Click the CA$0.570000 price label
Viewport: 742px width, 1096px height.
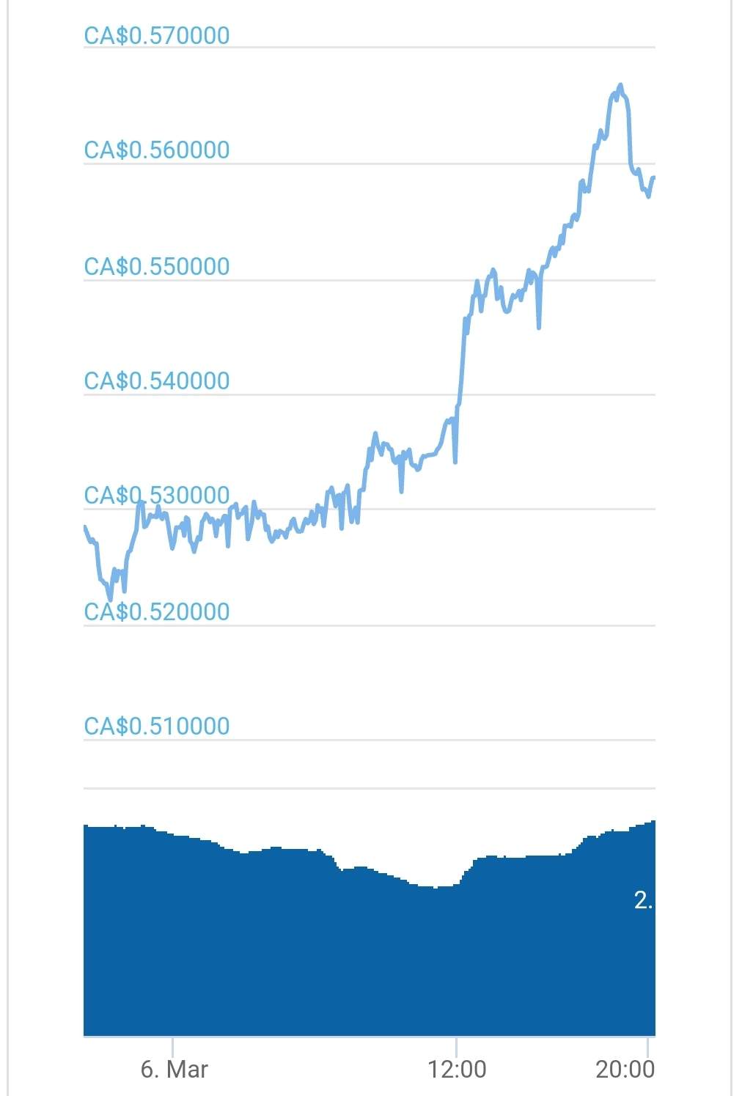point(157,35)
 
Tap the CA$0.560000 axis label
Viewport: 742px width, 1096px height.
point(157,150)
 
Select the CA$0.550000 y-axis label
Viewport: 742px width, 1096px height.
point(157,266)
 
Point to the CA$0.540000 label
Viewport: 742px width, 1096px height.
point(157,381)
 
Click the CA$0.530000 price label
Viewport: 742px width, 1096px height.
point(157,496)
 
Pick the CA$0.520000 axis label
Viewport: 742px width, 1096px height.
point(157,611)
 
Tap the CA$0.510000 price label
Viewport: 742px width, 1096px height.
point(157,727)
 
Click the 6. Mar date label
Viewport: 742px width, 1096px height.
point(174,1069)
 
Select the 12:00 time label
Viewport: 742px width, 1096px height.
point(457,1069)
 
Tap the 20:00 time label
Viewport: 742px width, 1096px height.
point(625,1069)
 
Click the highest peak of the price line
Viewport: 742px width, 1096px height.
point(620,85)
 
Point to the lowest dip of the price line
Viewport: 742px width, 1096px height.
point(111,599)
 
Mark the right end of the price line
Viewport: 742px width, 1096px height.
point(653,177)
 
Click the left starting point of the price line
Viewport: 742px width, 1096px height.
point(85,526)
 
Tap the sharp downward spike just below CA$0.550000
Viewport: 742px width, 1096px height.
point(539,327)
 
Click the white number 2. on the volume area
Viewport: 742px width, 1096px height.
point(643,900)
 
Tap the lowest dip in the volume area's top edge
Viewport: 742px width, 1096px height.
point(436,888)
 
